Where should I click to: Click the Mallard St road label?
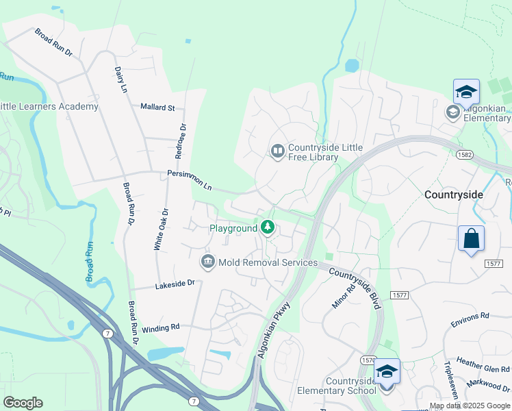158,108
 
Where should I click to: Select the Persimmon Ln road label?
190,180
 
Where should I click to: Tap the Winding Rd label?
161,327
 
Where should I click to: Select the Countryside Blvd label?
354,288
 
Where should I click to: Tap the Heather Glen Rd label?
479,362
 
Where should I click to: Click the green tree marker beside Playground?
268,227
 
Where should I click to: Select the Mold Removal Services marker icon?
207,262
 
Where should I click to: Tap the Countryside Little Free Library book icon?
277,151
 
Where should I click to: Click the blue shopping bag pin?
471,240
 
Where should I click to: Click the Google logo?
23,403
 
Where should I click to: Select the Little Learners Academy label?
49,106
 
